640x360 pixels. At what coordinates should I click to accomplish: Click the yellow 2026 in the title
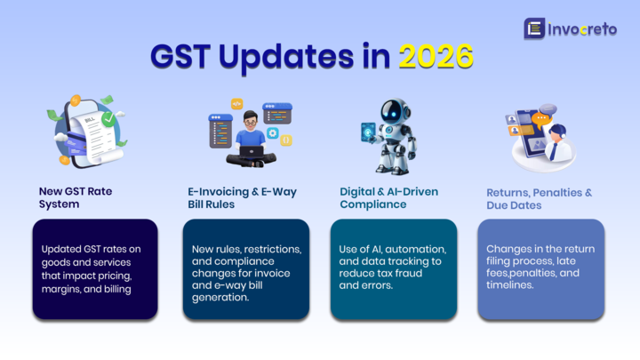click(436, 57)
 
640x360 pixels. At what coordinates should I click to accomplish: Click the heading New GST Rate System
click(76, 197)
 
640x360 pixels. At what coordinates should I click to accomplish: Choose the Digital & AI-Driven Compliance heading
click(388, 197)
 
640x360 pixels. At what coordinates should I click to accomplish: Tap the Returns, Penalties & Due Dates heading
click(539, 197)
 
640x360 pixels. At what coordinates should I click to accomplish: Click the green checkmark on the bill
click(108, 117)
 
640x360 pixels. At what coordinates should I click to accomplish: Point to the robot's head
click(394, 110)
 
